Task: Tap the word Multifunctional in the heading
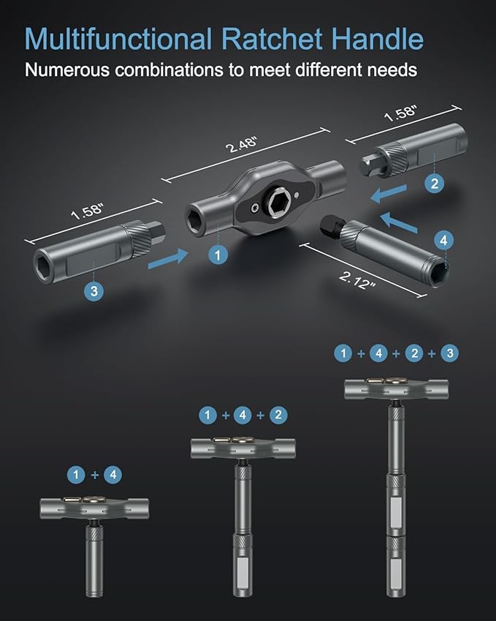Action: pyautogui.click(x=118, y=39)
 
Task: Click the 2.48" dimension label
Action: pyautogui.click(x=241, y=145)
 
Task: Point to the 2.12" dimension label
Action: pyautogui.click(x=357, y=280)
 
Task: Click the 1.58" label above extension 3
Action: pyautogui.click(x=88, y=211)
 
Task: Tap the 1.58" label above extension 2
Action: pyautogui.click(x=401, y=113)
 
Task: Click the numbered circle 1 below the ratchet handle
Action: pyautogui.click(x=218, y=255)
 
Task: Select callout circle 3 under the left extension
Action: pyautogui.click(x=94, y=291)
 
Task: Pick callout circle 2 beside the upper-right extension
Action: pyautogui.click(x=435, y=184)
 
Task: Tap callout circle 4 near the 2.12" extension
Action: pyautogui.click(x=443, y=241)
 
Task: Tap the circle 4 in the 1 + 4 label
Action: pyautogui.click(x=112, y=475)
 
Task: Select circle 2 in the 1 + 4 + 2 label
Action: pyautogui.click(x=278, y=415)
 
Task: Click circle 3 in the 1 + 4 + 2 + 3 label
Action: pyautogui.click(x=450, y=353)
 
